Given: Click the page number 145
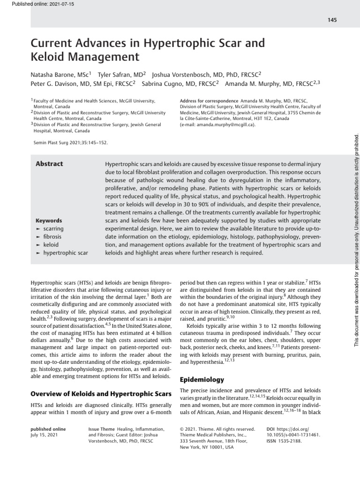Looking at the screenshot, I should click(x=332, y=20).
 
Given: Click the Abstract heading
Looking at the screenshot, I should click(x=49, y=164).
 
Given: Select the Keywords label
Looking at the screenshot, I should click(x=49, y=220).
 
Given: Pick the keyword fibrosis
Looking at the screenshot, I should click(x=52, y=237).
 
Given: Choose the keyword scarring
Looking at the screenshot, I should click(x=53, y=229).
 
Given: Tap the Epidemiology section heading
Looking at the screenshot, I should click(x=202, y=380).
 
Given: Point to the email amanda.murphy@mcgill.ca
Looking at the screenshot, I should click(x=225, y=125).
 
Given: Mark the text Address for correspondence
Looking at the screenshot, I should click(x=209, y=101).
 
